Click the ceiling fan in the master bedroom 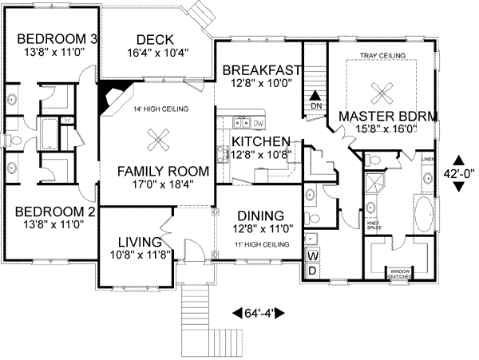point(381,89)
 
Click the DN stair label point(315,105)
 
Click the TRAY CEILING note point(382,55)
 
